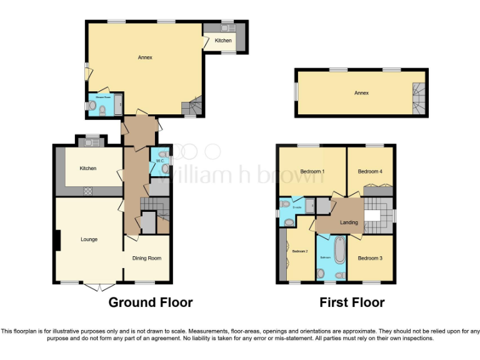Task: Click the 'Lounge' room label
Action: [x=89, y=239]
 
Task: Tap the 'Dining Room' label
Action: [x=146, y=258]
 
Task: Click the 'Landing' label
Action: [x=349, y=222]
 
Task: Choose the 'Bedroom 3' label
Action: [x=369, y=258]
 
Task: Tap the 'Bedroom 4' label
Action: [x=369, y=171]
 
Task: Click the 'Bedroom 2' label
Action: [x=299, y=251]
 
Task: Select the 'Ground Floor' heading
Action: [x=151, y=303]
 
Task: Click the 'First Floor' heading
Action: [x=352, y=303]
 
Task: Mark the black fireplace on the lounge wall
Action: [x=57, y=240]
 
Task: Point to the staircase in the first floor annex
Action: [x=418, y=99]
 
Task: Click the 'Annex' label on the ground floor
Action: [x=145, y=57]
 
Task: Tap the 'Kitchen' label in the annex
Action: [x=223, y=41]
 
